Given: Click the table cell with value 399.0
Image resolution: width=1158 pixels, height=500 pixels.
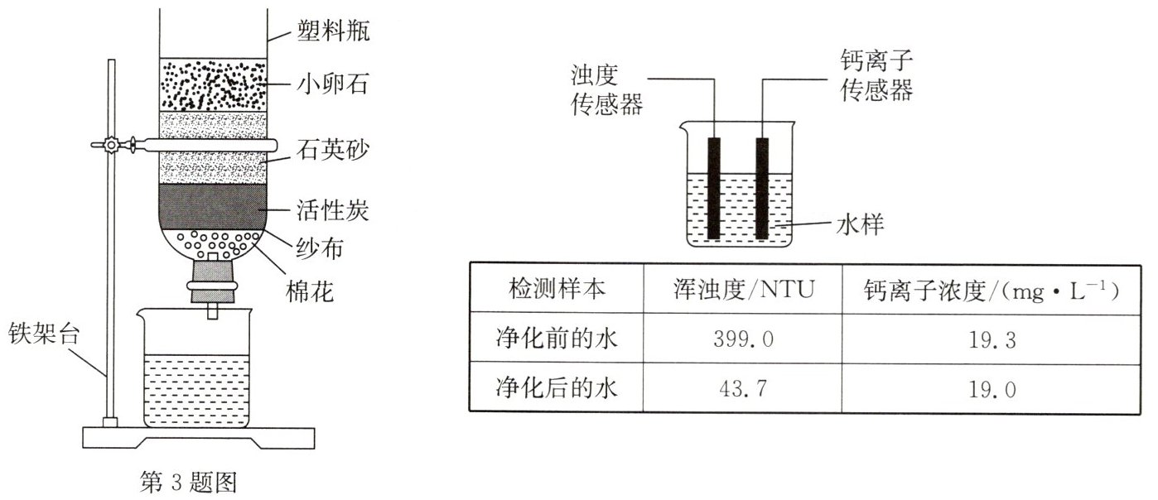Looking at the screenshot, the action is click(x=743, y=339).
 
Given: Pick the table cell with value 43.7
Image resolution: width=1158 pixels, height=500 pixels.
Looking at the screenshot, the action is click(x=743, y=387).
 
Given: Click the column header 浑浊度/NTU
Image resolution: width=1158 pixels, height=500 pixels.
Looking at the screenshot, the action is click(x=743, y=289).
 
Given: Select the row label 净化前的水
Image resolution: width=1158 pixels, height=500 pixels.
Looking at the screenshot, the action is click(x=557, y=339).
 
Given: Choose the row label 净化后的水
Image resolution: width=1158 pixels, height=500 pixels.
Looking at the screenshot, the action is click(x=557, y=387).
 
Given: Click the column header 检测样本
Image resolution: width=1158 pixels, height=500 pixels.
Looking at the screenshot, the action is click(x=557, y=289).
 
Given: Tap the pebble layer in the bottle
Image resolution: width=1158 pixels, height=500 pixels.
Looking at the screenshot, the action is click(x=213, y=84).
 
